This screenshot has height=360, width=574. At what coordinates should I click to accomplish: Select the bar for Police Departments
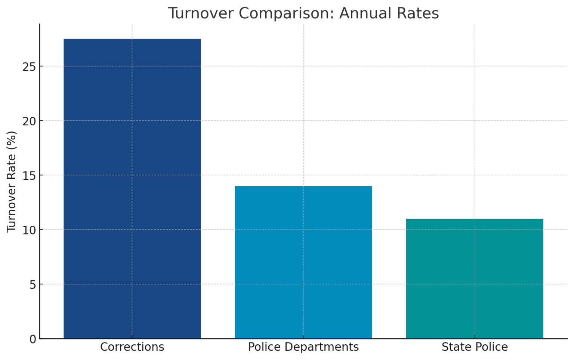click(303, 262)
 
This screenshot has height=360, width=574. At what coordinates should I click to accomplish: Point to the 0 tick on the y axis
click(33, 339)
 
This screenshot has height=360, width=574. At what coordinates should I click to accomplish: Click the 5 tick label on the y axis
click(33, 284)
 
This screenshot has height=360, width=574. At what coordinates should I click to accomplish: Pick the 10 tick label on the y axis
click(30, 230)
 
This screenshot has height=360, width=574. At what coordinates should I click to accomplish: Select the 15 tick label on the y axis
click(30, 175)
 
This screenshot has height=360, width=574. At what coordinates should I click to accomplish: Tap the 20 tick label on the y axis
click(30, 121)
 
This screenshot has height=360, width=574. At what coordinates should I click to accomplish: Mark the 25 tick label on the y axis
click(30, 67)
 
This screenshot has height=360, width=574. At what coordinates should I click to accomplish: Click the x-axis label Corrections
click(132, 347)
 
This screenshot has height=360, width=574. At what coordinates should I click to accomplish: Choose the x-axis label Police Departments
click(303, 347)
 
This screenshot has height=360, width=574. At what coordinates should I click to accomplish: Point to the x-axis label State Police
click(475, 347)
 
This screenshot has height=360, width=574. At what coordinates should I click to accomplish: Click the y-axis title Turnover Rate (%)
click(12, 181)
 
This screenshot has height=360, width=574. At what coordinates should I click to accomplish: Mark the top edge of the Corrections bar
click(132, 39)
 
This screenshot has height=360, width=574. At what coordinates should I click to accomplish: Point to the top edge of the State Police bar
click(475, 219)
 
